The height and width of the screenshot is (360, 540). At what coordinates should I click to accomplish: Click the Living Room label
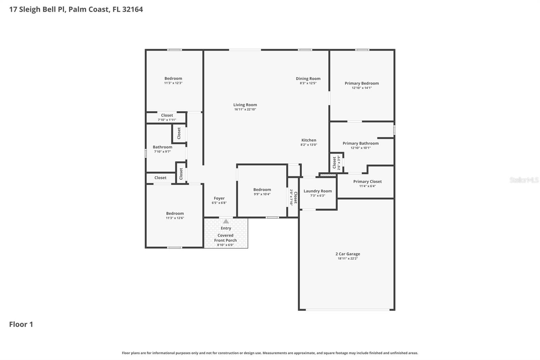tap(245, 105)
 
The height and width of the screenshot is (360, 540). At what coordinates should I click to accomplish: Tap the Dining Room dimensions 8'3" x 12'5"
tap(308, 83)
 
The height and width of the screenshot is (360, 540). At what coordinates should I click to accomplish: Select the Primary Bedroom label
tap(361, 83)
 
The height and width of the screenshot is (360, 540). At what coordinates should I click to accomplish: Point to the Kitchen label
tap(308, 140)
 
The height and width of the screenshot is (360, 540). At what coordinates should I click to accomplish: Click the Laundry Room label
tap(317, 191)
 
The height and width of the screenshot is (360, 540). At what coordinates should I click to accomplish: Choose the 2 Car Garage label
tap(348, 254)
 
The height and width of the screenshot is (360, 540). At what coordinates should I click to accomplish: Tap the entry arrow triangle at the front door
tap(226, 222)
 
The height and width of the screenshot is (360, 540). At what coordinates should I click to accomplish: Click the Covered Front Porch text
tap(225, 238)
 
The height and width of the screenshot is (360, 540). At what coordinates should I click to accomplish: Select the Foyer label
tap(219, 198)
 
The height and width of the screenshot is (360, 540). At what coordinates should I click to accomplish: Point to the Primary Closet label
tap(367, 181)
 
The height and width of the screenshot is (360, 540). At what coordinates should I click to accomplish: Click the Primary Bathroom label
tap(360, 143)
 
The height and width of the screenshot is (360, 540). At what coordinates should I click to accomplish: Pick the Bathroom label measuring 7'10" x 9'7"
tap(162, 147)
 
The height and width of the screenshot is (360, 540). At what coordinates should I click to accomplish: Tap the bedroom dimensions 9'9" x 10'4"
tap(262, 194)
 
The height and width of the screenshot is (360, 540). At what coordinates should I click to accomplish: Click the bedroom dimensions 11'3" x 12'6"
tap(175, 218)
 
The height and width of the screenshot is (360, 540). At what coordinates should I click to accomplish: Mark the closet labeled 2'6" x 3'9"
tap(336, 162)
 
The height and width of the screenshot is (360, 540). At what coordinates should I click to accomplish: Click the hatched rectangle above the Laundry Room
tap(328, 175)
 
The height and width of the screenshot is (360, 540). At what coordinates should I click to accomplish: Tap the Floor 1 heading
tap(21, 324)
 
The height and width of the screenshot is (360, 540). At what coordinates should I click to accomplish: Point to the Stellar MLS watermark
tap(524, 180)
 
